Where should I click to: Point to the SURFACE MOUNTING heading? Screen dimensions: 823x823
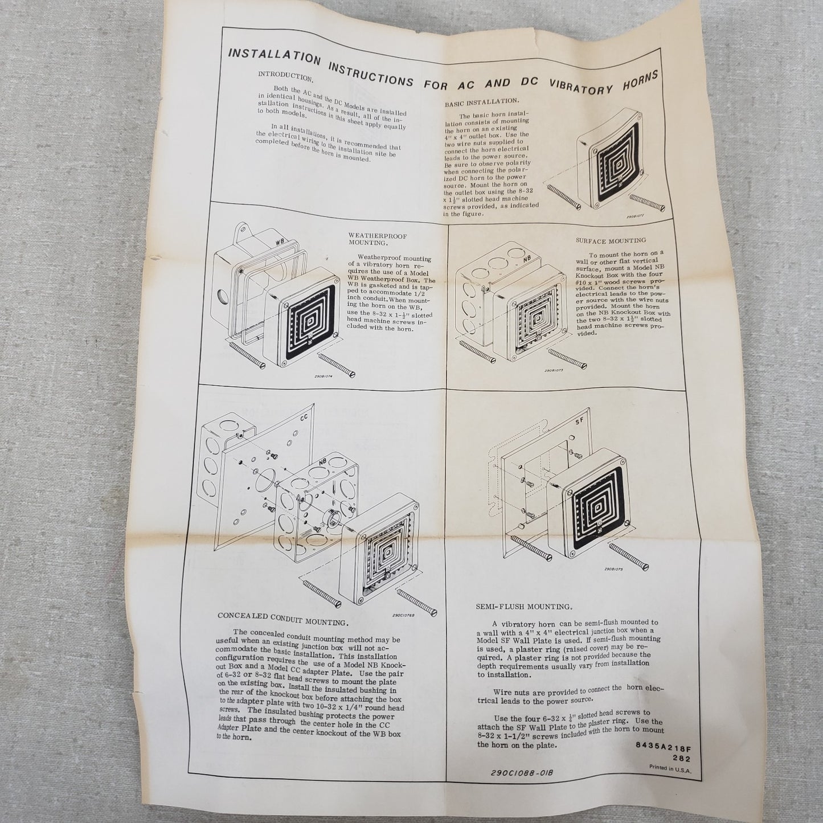[x=611, y=240]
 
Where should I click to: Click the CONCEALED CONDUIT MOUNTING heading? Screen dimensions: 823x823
[x=282, y=619]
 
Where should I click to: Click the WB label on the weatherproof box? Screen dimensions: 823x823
[x=280, y=241]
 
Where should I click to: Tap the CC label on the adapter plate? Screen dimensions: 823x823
[x=304, y=418]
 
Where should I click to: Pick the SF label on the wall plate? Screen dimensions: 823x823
[x=579, y=422]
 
